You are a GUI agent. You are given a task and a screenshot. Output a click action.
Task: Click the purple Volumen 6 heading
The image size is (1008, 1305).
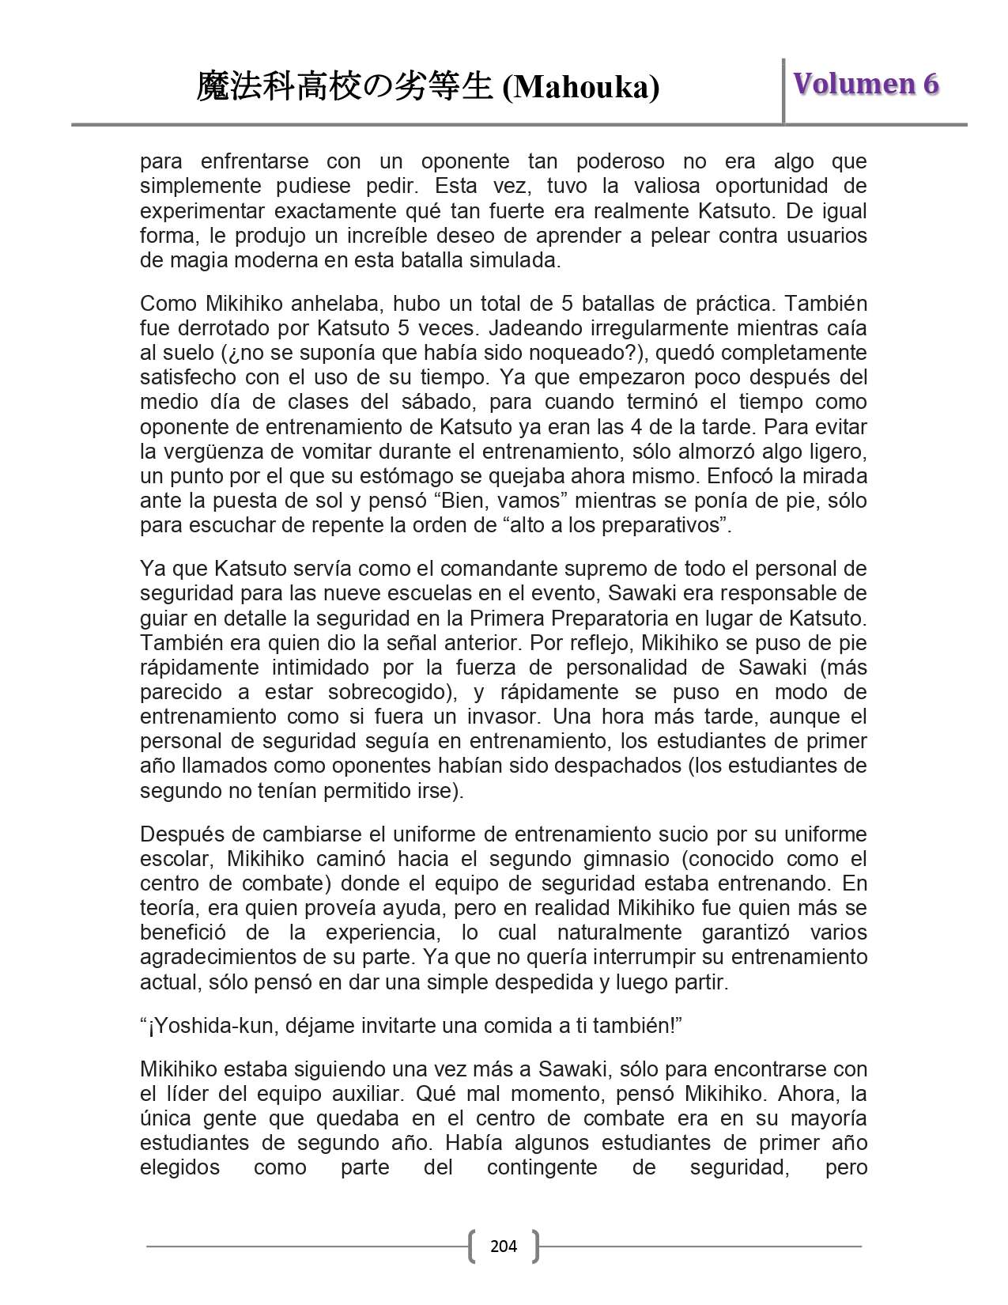point(866,84)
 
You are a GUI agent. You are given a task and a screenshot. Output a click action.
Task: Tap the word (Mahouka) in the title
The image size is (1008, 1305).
point(581,88)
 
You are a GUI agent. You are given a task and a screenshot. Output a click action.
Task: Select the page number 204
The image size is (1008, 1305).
point(504,1246)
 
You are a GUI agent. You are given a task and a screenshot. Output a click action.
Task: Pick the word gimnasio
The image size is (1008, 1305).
point(624,859)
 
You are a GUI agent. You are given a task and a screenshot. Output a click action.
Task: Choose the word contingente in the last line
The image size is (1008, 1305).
point(542,1167)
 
